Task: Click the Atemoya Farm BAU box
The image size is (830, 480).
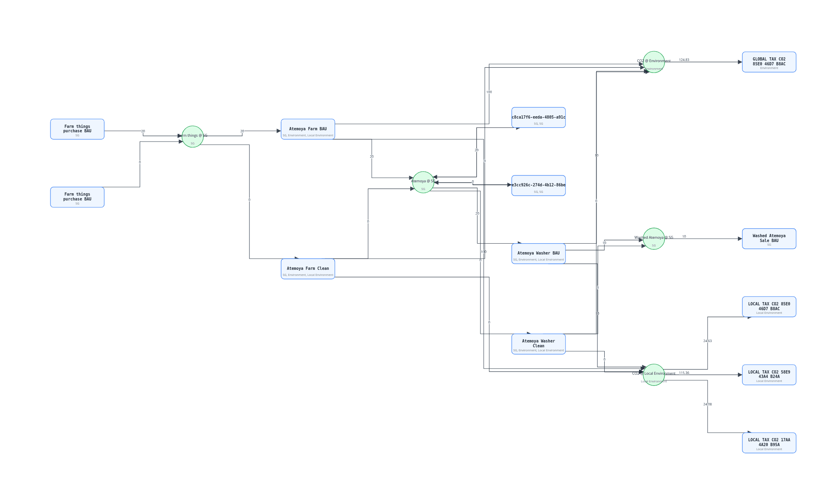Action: [308, 129]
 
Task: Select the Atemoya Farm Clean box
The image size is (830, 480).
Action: [308, 269]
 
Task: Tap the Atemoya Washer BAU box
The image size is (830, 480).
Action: [538, 253]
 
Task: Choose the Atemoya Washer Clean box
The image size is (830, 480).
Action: [538, 344]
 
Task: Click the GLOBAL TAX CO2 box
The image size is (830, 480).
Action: [769, 62]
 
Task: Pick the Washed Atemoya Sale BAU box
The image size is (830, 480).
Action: [769, 238]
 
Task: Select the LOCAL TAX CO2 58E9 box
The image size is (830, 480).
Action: [769, 375]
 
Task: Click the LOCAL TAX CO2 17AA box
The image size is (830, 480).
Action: [769, 442]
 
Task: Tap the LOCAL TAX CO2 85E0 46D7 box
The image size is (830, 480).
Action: [769, 307]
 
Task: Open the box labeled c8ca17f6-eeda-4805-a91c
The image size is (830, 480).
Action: [538, 117]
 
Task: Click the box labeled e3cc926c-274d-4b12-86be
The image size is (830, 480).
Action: [538, 185]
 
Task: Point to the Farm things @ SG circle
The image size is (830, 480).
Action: [193, 136]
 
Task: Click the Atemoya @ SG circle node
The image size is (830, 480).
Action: [423, 182]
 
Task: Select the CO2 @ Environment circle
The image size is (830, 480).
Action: [654, 62]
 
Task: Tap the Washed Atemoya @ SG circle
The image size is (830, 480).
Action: [654, 238]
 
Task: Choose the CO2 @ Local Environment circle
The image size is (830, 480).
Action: [654, 375]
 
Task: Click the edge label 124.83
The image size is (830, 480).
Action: [684, 60]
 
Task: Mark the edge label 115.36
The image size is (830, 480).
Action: [684, 373]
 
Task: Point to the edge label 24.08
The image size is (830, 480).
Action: [707, 404]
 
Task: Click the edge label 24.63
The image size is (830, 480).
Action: [707, 341]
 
